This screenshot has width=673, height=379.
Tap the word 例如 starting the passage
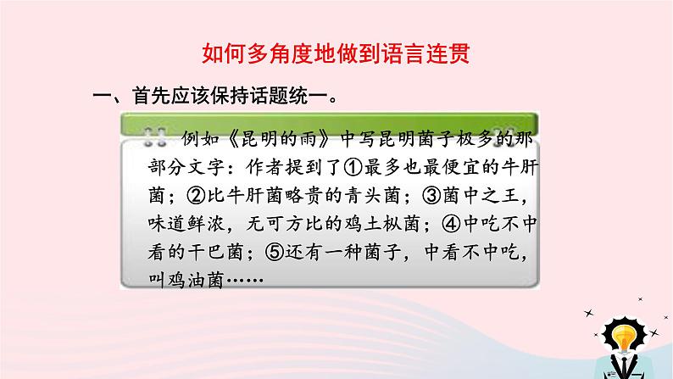(x=192, y=135)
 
